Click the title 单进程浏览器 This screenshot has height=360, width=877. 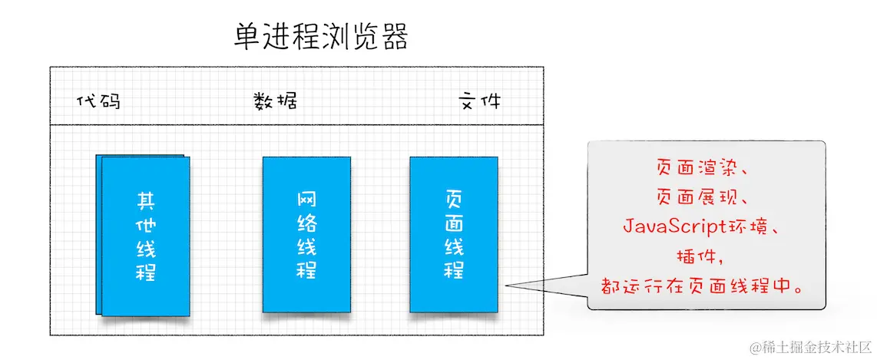pyautogui.click(x=321, y=36)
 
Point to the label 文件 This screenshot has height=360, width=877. pyautogui.click(x=479, y=101)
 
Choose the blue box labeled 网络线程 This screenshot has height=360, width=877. pyautogui.click(x=306, y=234)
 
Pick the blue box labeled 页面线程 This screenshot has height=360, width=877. pyautogui.click(x=453, y=234)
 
